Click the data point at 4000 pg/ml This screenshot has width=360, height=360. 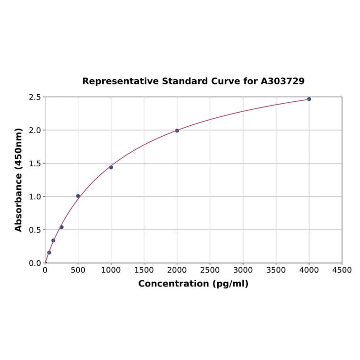pyautogui.click(x=309, y=99)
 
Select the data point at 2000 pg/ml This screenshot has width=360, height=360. pyautogui.click(x=177, y=131)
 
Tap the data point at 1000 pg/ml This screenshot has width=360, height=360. pyautogui.click(x=111, y=167)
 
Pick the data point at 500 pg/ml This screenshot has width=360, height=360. pyautogui.click(x=78, y=196)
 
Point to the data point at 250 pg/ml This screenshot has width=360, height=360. pyautogui.click(x=62, y=227)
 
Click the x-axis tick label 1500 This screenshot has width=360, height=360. pyautogui.click(x=144, y=270)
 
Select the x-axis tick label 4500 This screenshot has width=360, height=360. pyautogui.click(x=342, y=270)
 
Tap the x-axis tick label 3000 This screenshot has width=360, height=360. pyautogui.click(x=243, y=270)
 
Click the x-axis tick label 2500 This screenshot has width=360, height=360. pyautogui.click(x=210, y=270)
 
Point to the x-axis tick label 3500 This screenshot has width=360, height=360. pyautogui.click(x=276, y=270)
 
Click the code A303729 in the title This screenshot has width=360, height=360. pyautogui.click(x=283, y=81)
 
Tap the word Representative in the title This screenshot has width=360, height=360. pyautogui.click(x=120, y=82)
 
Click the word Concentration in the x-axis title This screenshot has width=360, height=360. pyautogui.click(x=173, y=284)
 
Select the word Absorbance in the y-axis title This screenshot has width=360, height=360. pyautogui.click(x=19, y=200)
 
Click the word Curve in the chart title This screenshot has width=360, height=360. pyautogui.click(x=222, y=81)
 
